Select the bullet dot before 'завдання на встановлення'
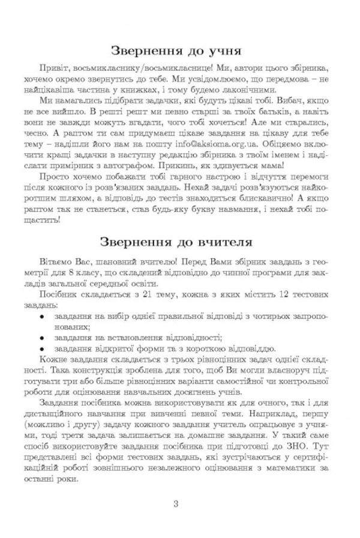point(42,338)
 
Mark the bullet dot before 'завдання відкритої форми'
point(42,349)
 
